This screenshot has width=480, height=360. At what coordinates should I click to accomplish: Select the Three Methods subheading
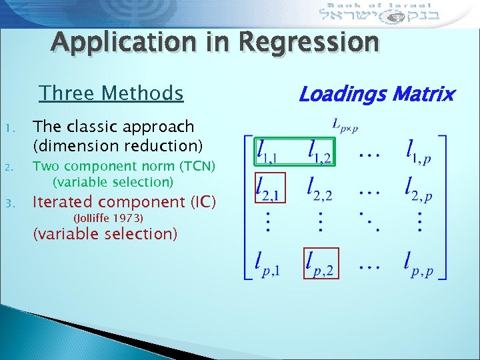pyautogui.click(x=111, y=93)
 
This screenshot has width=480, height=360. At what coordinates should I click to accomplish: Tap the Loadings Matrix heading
pyautogui.click(x=376, y=94)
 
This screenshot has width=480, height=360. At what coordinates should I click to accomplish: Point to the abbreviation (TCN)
pyautogui.click(x=193, y=166)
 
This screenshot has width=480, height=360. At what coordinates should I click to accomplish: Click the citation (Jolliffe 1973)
pyautogui.click(x=109, y=218)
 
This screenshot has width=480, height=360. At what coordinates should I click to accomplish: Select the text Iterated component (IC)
pyautogui.click(x=125, y=202)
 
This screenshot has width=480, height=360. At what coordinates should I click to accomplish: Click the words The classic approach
pyautogui.click(x=113, y=127)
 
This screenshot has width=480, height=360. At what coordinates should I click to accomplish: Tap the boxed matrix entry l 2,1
pyautogui.click(x=271, y=189)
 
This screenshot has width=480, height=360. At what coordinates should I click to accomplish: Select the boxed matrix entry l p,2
pyautogui.click(x=321, y=264)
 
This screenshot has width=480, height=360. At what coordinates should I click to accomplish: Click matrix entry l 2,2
pyautogui.click(x=321, y=189)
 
